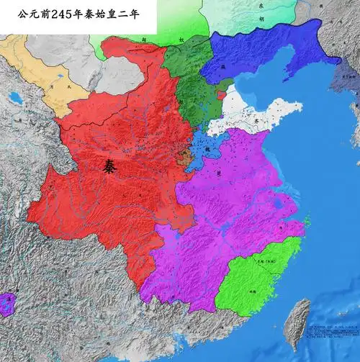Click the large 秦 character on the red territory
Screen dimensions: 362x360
pyautogui.click(x=109, y=167)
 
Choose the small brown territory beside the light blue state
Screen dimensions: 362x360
pyautogui.click(x=188, y=155)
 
